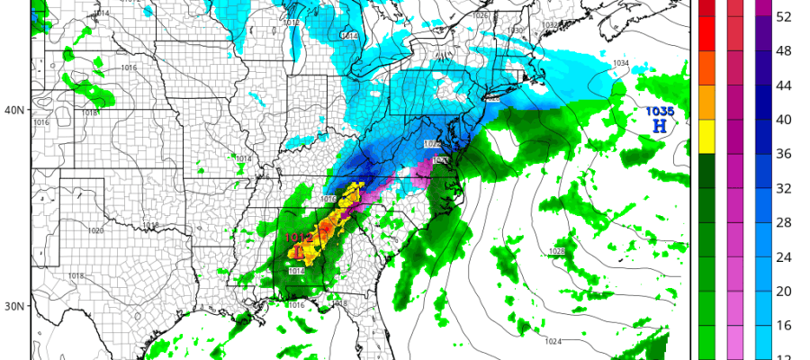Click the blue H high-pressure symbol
coord(660,127)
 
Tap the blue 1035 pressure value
coord(659,111)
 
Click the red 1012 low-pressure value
coord(299,238)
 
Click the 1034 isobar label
coord(621,63)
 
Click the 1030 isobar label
coord(515,31)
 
